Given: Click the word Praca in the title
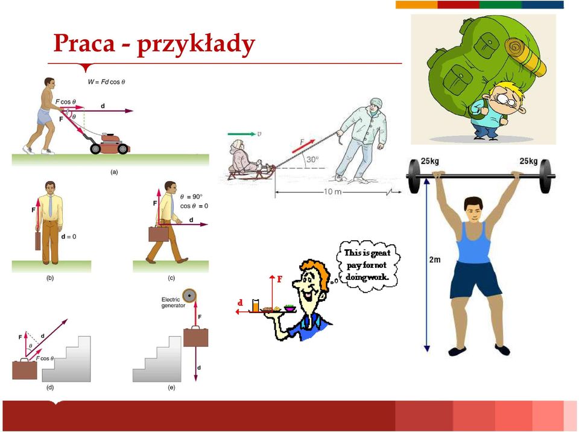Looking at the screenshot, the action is point(84,43).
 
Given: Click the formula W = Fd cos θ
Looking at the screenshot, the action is point(106,81).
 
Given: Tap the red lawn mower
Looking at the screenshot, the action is point(110,144).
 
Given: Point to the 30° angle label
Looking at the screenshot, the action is point(312,159).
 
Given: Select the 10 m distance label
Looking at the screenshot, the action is point(333,192).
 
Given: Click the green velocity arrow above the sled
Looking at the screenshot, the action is point(241,134).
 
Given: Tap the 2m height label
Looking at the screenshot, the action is point(435,260).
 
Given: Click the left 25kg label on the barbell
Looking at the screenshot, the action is point(430,161).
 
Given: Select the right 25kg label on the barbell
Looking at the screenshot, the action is point(528,161).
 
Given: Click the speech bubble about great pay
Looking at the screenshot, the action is point(368,265).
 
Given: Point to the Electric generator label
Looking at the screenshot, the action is point(173,302).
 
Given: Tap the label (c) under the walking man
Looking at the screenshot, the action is point(171,278).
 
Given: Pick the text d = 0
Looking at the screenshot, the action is point(68,237).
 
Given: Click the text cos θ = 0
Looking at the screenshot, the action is point(194,206).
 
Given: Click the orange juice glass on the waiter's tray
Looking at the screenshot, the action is point(256,306).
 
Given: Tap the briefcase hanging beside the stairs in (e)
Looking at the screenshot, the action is point(195,336).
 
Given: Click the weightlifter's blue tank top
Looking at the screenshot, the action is point(473,242).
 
